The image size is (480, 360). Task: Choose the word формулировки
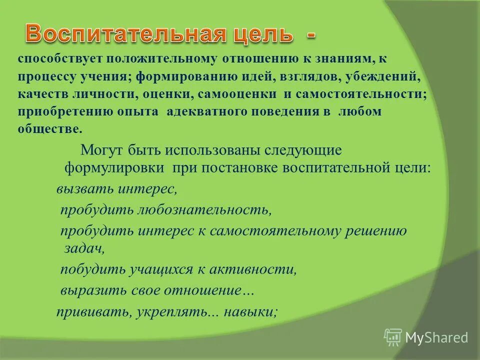pos(114,167)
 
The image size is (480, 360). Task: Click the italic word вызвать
pos(85,189)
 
